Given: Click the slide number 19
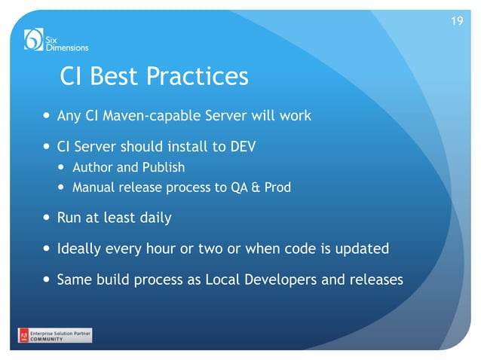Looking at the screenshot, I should [456, 20].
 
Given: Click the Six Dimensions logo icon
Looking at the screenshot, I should [34, 39].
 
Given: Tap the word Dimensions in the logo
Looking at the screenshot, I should [67, 47].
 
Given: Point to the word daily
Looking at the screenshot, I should [154, 218].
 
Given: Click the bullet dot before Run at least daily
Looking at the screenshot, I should [48, 218].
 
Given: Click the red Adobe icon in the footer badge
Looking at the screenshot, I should [24, 335].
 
